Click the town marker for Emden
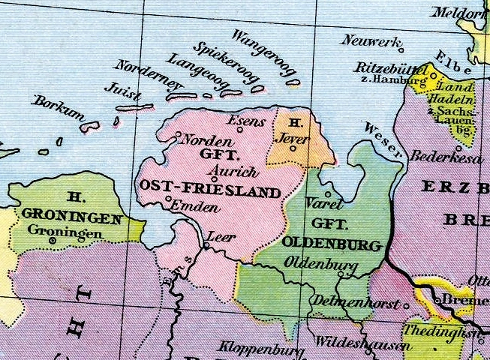click(x=169, y=198)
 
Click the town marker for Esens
click(x=240, y=129)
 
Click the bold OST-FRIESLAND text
click(x=210, y=190)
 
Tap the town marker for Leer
click(x=207, y=244)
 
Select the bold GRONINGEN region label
click(x=72, y=217)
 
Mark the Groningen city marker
click(x=51, y=241)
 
